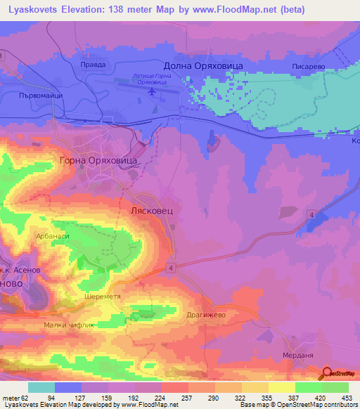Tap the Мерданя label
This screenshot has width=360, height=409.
(298, 355)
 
